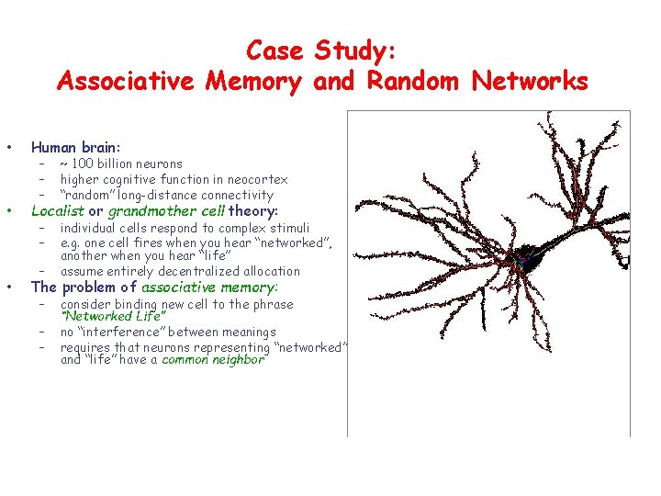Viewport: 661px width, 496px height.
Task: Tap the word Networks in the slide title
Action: point(530,82)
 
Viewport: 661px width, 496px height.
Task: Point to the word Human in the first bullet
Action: point(53,147)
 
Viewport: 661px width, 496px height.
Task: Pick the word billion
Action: point(123,164)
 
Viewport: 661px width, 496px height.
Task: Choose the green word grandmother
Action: point(147,211)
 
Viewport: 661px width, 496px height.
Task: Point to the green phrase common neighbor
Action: point(213,360)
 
